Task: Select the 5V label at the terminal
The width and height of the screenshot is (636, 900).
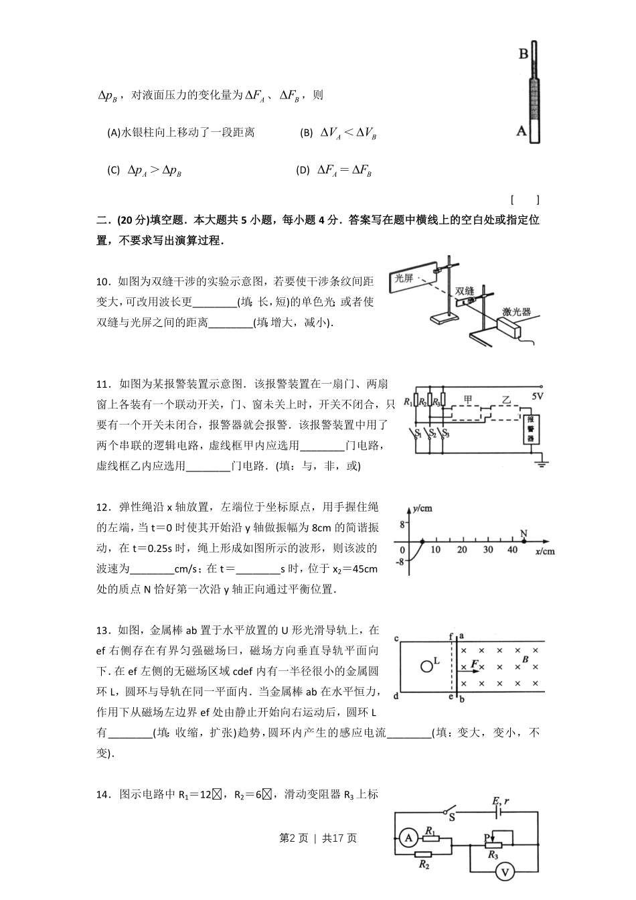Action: point(538,396)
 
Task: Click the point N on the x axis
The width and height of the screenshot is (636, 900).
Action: point(524,534)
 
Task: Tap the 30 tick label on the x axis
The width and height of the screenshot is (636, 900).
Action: point(487,550)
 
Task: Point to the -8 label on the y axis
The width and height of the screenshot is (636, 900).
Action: point(400,562)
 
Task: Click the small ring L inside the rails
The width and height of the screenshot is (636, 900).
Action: point(426,666)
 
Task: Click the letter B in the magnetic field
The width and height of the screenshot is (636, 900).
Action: point(526,660)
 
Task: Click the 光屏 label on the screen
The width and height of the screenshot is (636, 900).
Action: point(404,278)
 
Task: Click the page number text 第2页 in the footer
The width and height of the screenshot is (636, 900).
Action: point(293,838)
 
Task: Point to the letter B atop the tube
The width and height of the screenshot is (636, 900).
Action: point(524,54)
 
